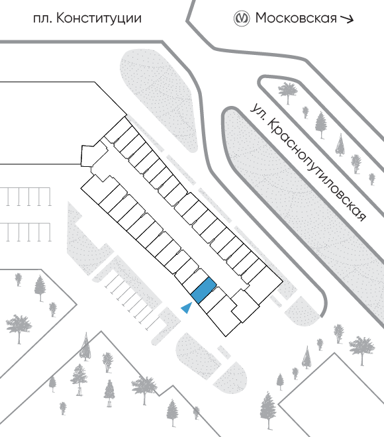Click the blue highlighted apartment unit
pyautogui.click(x=204, y=291)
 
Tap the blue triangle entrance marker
pyautogui.click(x=187, y=308)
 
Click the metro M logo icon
pyautogui.click(x=241, y=19)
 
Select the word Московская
pyautogui.click(x=296, y=18)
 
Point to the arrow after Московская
pyautogui.click(x=347, y=19)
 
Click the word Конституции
pyautogui.click(x=99, y=19)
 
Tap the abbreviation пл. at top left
pyautogui.click(x=42, y=19)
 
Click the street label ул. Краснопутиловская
pyautogui.click(x=308, y=162)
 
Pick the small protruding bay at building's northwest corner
pyautogui.click(x=90, y=156)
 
